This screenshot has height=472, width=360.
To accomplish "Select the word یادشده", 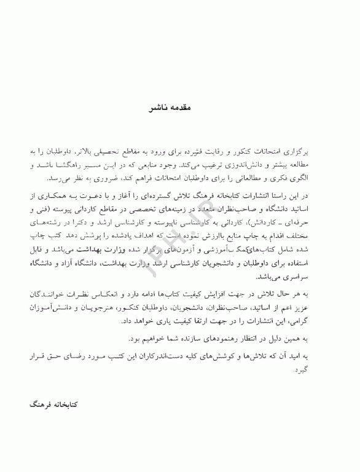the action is point(139,237).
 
